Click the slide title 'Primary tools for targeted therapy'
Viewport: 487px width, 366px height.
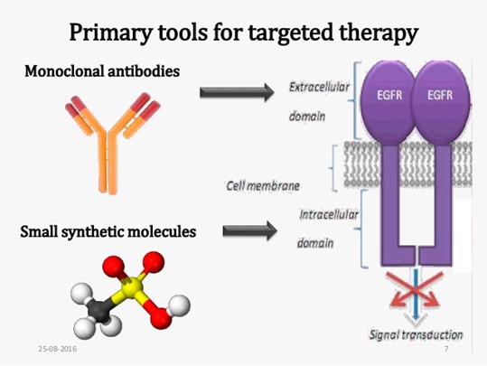click(244, 33)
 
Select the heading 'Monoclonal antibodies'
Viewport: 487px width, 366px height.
click(102, 71)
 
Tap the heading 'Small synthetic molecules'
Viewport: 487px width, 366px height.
click(108, 231)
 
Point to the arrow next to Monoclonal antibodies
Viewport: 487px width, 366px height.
click(237, 92)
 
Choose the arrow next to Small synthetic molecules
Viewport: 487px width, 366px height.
click(250, 230)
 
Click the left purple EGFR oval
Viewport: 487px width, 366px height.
click(388, 102)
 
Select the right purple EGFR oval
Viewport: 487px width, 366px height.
click(440, 102)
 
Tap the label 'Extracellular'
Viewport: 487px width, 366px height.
click(319, 87)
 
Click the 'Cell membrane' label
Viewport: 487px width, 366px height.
click(263, 186)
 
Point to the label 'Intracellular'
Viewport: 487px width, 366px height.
click(329, 214)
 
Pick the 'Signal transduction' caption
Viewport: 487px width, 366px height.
click(416, 334)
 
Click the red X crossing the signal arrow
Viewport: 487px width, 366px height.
click(416, 289)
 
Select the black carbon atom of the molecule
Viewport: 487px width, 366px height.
click(98, 310)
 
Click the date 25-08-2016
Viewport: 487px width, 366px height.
click(58, 349)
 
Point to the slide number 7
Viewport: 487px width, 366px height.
click(446, 349)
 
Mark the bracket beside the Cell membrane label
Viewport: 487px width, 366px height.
click(333, 168)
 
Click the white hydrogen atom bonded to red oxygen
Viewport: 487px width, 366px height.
click(178, 305)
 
